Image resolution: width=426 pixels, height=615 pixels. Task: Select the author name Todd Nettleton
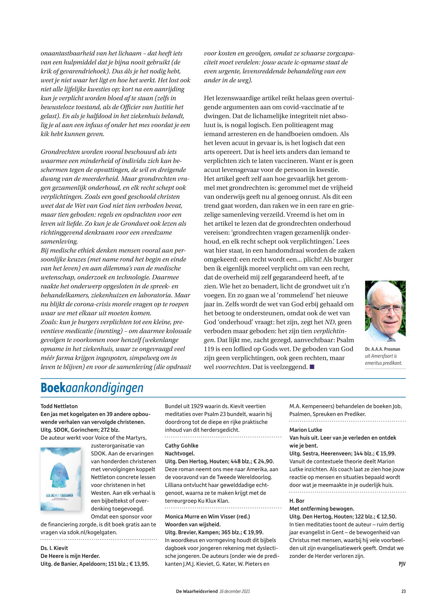[x=59, y=406]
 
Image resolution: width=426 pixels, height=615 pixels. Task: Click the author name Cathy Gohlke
[x=181, y=446]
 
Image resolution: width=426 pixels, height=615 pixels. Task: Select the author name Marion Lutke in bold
[x=306, y=430]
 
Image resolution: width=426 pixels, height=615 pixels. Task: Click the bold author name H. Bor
[x=297, y=501]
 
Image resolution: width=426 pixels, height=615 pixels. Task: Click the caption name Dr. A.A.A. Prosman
[x=383, y=349]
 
